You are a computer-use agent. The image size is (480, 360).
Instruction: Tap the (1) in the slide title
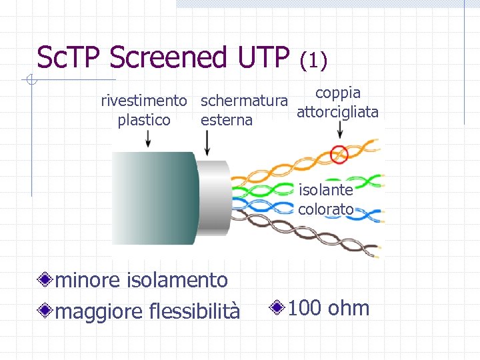tap(313, 61)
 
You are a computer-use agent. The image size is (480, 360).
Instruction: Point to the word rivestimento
tap(143, 101)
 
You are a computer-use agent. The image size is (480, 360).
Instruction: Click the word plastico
tap(144, 120)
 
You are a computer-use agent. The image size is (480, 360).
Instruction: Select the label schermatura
tap(244, 101)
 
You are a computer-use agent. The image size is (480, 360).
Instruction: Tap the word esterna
tap(227, 120)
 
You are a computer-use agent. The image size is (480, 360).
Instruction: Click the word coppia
tap(338, 93)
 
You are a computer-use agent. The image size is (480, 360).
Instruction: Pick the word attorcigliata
tap(337, 112)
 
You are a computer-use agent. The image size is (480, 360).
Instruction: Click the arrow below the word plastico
tap(148, 139)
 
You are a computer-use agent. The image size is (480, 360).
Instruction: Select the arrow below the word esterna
tap(207, 142)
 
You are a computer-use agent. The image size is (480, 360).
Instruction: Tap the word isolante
tap(325, 191)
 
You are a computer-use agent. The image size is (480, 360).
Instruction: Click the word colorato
tap(326, 209)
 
